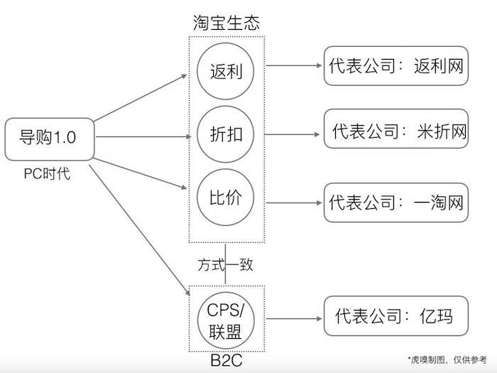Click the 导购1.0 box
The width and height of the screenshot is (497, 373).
pos(49,138)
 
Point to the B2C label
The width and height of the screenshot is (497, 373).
pos(226,360)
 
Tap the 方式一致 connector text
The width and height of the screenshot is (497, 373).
pos(226,265)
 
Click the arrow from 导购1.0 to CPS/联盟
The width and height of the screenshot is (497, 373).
pos(138,227)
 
